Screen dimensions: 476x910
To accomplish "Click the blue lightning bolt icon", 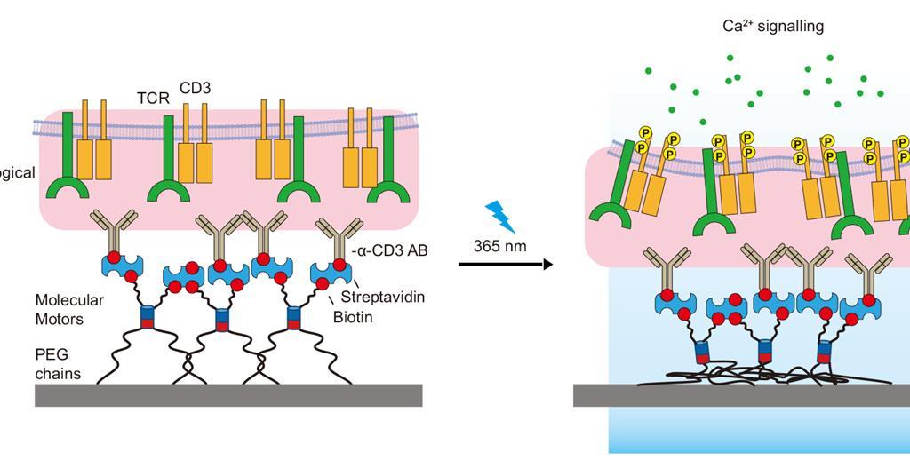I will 500,217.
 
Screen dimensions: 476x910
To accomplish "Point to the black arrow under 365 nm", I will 506,264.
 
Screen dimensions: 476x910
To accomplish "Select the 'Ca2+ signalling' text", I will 772,26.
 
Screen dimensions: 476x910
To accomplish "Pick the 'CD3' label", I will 195,87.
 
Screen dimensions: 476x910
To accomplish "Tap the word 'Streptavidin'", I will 382,297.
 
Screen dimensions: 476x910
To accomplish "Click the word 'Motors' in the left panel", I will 60,319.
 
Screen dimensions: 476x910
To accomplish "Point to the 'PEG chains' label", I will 58,364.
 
